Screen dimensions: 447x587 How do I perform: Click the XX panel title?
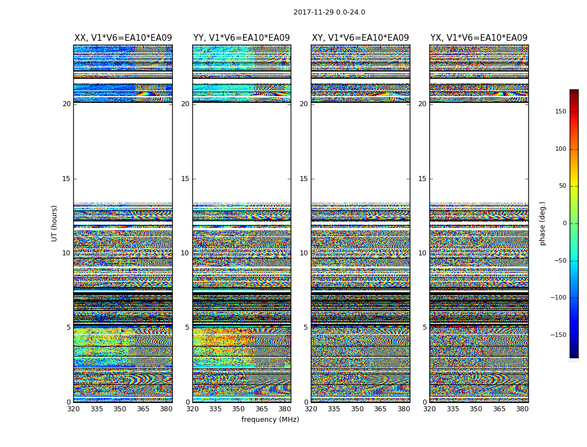(123, 38)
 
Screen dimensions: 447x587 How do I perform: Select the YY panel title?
(242, 38)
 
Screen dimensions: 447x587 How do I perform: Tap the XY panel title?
(360, 38)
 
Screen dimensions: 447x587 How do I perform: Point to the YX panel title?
(479, 38)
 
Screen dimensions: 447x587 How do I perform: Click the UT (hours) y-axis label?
(54, 223)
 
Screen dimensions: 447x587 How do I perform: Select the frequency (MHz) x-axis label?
(270, 420)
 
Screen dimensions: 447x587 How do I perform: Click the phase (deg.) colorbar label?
(542, 223)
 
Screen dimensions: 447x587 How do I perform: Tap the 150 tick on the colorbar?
(560, 112)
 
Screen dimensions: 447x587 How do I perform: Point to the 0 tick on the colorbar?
(564, 223)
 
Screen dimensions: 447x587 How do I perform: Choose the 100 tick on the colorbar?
(560, 149)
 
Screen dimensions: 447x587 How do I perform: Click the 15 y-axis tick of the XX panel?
(67, 179)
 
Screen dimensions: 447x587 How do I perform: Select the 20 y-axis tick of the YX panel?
(423, 104)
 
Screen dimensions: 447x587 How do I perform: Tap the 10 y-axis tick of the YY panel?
(185, 253)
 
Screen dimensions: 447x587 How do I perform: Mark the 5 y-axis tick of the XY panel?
(306, 327)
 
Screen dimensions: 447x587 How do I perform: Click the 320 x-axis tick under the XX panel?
(73, 409)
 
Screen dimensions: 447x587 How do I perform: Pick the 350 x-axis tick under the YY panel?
(239, 409)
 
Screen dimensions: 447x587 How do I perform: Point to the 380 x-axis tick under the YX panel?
(522, 409)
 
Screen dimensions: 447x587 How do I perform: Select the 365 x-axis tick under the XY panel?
(380, 409)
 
